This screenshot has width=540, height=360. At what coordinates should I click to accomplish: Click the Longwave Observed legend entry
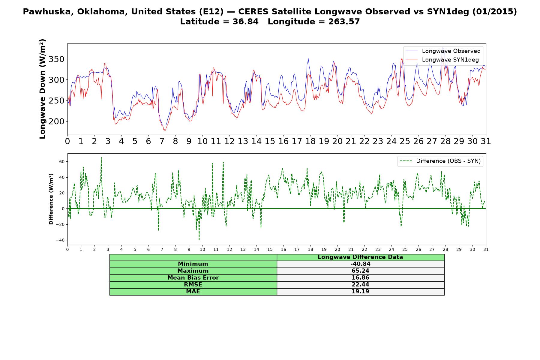coord(443,51)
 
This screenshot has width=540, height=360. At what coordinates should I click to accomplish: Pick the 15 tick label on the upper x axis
coord(270,141)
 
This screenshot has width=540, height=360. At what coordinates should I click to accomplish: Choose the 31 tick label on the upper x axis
coord(486,141)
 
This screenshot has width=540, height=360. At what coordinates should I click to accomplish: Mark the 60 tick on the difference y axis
coord(62,161)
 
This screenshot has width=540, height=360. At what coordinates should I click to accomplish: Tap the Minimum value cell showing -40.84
coord(360,264)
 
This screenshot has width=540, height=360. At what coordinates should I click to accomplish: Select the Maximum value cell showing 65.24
coord(360,271)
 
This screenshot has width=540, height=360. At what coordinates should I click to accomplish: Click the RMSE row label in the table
coord(193,285)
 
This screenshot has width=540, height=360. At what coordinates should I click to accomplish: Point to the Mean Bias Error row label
coord(193,278)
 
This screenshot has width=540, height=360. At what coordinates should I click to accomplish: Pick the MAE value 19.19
coord(360,292)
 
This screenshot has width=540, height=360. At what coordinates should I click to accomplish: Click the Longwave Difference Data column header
coord(360,257)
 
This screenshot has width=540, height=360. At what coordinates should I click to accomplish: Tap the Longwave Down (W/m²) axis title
coord(43,89)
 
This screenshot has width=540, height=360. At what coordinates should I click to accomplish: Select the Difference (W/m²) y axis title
coord(51,199)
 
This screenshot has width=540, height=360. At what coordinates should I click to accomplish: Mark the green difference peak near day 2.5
coord(101,157)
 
